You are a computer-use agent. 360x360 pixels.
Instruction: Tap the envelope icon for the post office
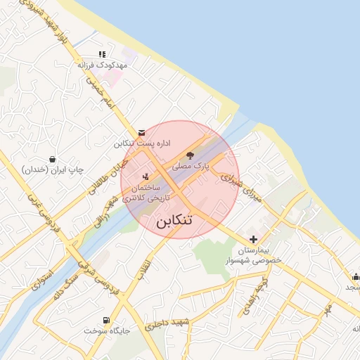click(142, 132)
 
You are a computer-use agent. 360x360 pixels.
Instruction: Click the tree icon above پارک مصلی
click(190, 155)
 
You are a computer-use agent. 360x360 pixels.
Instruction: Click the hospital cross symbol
click(252, 240)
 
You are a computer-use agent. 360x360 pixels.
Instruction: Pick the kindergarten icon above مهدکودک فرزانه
click(102, 53)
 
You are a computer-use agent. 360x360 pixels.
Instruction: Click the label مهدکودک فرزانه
click(103, 65)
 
